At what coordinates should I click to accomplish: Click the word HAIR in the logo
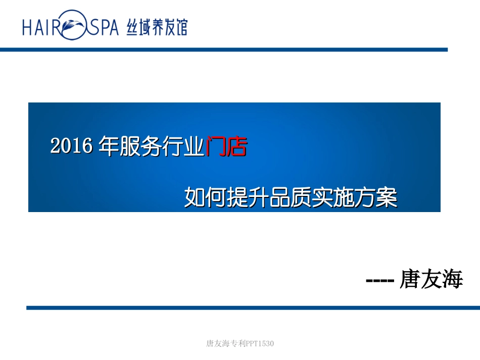tap(41, 26)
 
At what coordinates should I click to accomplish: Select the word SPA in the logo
tap(104, 26)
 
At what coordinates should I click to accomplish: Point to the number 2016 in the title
tap(71, 146)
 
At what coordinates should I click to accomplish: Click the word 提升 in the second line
tap(244, 197)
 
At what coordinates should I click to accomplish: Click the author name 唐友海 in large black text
tap(431, 279)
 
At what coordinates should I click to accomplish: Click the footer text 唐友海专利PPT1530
tap(240, 344)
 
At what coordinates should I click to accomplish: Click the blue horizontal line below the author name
tap(253, 307)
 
